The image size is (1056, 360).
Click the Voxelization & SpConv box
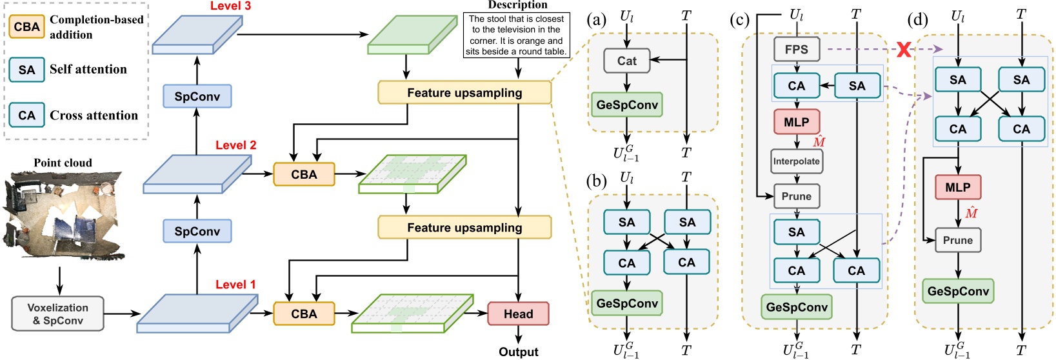(x=57, y=314)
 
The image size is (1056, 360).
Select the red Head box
(x=518, y=314)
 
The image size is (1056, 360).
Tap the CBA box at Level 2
(x=304, y=174)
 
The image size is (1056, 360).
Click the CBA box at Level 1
(x=304, y=314)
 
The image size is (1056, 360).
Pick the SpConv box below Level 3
(x=197, y=97)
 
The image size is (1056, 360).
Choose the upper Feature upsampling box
(x=464, y=93)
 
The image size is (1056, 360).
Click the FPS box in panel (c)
(x=796, y=50)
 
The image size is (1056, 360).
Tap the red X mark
(x=904, y=50)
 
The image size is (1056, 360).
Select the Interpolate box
(x=796, y=161)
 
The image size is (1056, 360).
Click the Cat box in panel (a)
(x=626, y=61)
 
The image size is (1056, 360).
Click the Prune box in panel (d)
(x=957, y=240)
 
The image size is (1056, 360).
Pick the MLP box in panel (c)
(x=796, y=122)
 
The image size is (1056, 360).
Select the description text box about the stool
(x=516, y=35)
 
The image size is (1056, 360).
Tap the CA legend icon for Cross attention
(x=26, y=115)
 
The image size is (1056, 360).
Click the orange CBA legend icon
(x=26, y=27)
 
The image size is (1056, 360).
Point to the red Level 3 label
(x=230, y=6)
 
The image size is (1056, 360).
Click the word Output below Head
(x=518, y=352)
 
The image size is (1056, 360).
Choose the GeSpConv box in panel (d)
(x=957, y=292)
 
